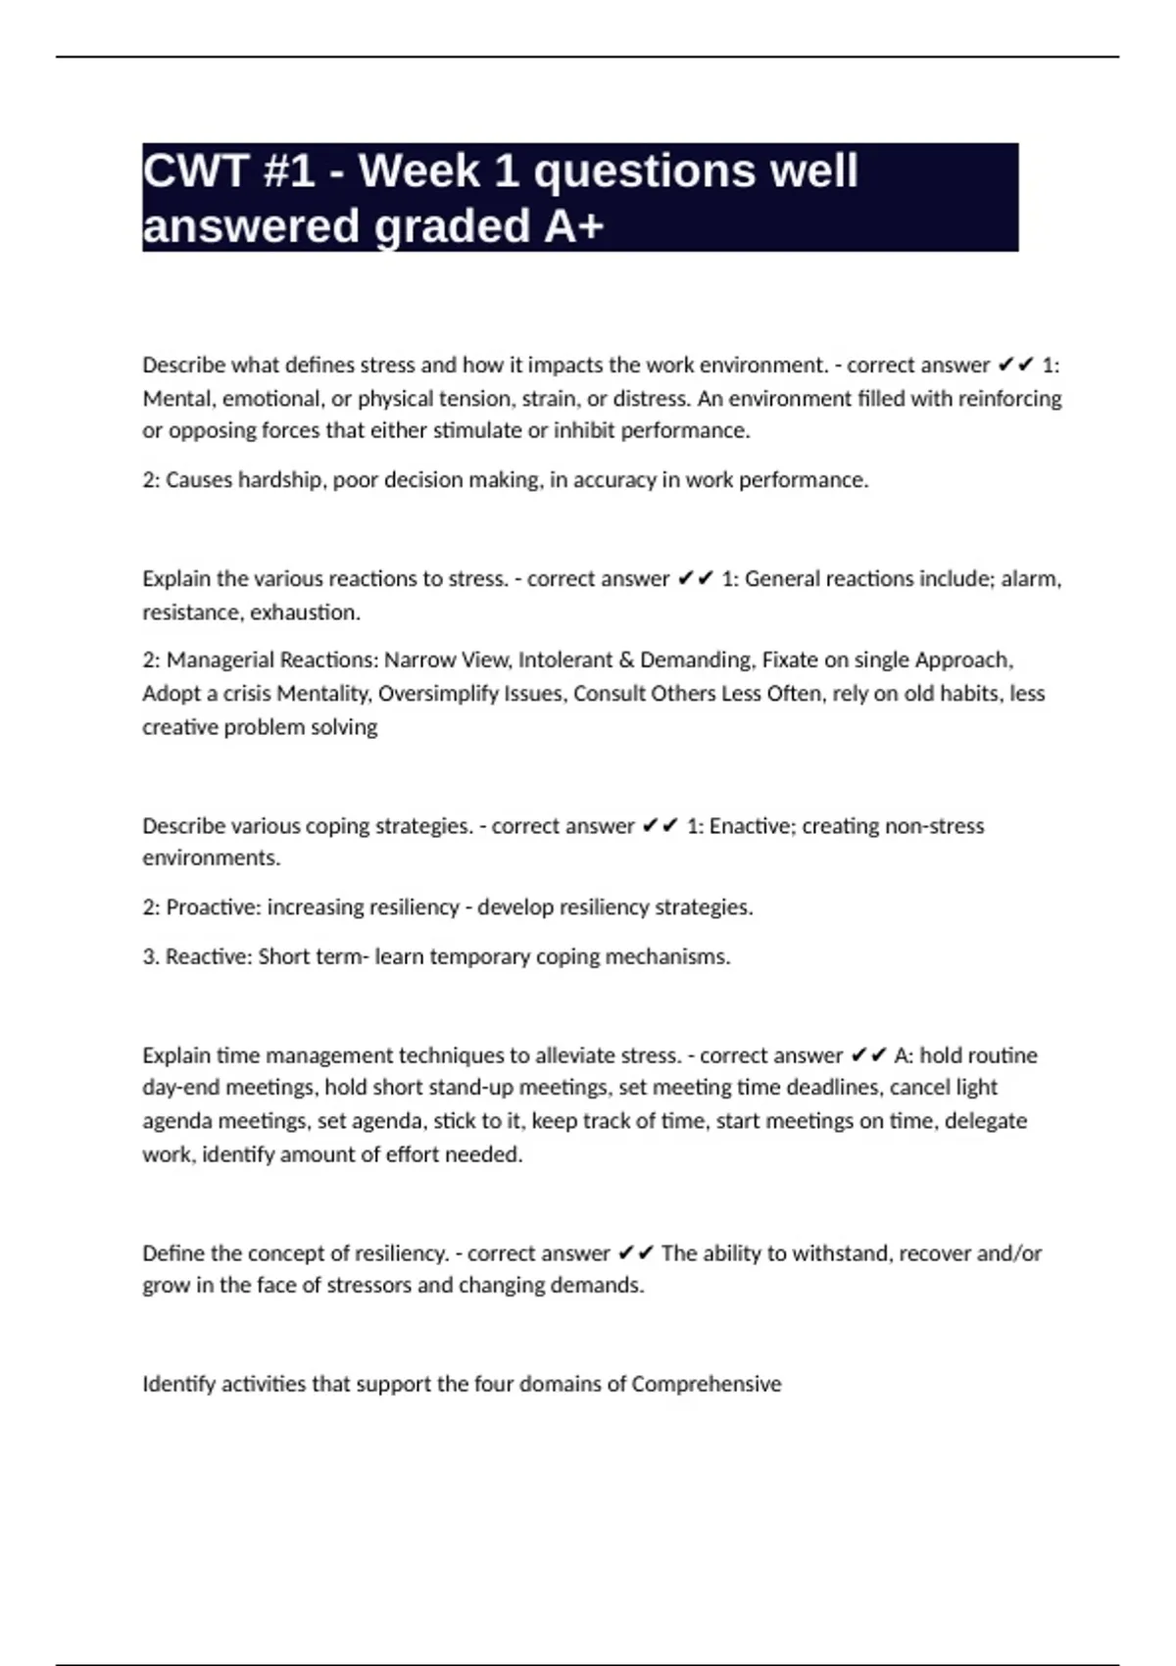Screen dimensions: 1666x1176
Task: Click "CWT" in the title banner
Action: click(x=194, y=171)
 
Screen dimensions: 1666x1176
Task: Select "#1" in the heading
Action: click(x=289, y=171)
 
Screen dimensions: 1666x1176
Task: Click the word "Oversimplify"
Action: click(x=438, y=694)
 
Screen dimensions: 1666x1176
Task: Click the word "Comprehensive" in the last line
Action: click(x=707, y=1385)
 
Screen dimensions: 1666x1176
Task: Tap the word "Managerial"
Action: click(x=220, y=661)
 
